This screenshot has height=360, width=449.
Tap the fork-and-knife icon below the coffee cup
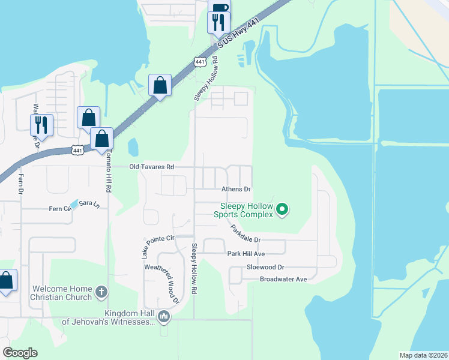218,23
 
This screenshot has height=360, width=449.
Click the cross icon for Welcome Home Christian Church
101,293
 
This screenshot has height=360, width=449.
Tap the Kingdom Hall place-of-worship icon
163,316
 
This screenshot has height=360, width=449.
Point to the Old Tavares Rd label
152,167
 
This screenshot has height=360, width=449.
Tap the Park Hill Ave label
246,254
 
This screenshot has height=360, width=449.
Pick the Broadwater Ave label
283,279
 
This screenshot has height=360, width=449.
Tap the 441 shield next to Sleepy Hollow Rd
200,62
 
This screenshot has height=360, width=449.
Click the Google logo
20,353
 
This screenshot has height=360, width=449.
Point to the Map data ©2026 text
423,355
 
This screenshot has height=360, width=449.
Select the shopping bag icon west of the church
6,280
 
